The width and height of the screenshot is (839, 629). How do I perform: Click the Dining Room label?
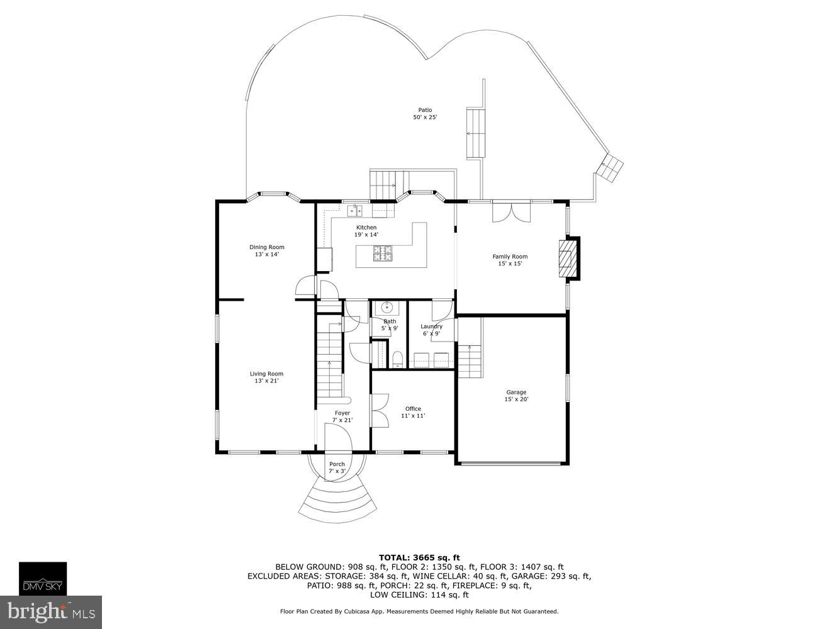pos(266,251)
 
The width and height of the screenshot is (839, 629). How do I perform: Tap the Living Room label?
pos(266,377)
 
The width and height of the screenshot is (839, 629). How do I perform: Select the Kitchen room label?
pos(366,231)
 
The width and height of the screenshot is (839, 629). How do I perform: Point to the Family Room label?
pos(510,260)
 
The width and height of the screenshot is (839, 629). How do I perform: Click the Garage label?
pos(516,396)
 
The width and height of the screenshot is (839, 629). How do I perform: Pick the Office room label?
pos(413,412)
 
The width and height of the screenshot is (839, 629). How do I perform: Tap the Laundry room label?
pos(431,330)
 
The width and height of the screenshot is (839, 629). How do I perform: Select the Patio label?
pos(425,114)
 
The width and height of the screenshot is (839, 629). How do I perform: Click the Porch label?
pos(337,467)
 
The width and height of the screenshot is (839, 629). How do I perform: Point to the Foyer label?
pos(342,416)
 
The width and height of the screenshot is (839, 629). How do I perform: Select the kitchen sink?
pos(355,210)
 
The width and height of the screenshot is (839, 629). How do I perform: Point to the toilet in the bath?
pos(397,360)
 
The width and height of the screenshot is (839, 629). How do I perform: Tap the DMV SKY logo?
pos(43,579)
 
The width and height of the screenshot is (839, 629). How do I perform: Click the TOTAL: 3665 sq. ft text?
pos(419,557)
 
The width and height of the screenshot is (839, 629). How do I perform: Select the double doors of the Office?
pos(379,411)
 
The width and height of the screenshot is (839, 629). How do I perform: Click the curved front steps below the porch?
pos(337,500)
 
